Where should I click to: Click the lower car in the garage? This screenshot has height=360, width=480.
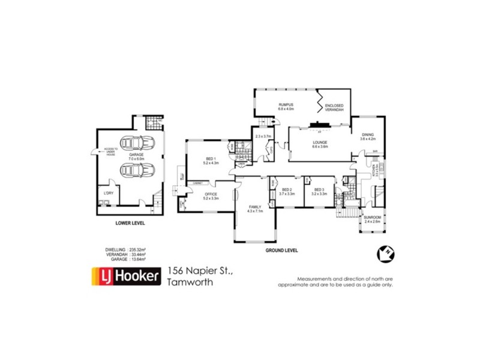136,170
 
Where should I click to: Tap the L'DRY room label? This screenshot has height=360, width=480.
109,193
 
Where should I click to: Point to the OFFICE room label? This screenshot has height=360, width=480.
211,196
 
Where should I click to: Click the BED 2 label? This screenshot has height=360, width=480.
287,191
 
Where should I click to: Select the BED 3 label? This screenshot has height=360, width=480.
319,191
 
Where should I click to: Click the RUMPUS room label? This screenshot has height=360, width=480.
284,107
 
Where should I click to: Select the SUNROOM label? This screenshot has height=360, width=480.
373,219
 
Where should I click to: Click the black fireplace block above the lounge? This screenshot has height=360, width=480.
316,125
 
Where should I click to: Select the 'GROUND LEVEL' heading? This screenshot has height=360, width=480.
282,250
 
